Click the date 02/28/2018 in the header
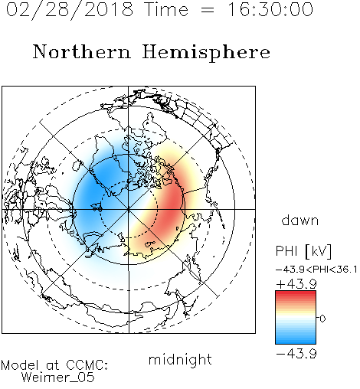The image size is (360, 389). tap(70, 9)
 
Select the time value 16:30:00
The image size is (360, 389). tap(270, 9)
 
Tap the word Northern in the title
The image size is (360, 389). tap(82, 51)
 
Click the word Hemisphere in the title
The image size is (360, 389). tap(206, 52)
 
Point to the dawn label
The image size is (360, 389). tap(300, 221)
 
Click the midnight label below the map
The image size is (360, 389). tap(180, 360)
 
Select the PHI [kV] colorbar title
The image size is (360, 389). tap(303, 251)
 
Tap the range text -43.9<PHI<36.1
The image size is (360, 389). tap(316, 270)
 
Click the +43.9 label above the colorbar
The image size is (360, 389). tap(296, 283)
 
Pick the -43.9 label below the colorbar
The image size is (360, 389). tap(296, 354)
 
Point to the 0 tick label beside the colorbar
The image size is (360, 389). tap(322, 319)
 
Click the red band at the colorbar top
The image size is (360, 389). tap(296, 295)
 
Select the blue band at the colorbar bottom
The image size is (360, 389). tap(296, 340)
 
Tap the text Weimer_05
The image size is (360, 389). tap(58, 378)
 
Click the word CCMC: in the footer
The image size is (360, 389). tap(87, 365)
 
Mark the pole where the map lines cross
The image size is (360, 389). tap(129, 209)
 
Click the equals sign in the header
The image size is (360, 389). tap(208, 10)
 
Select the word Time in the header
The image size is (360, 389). tap(166, 9)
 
